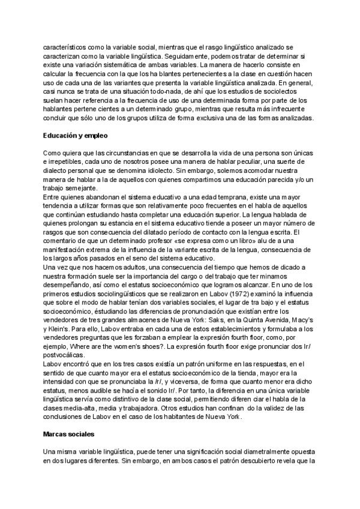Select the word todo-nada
[169, 91]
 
